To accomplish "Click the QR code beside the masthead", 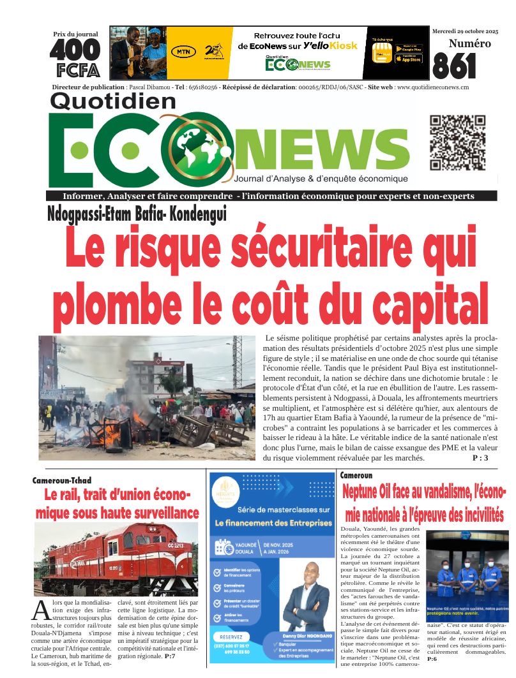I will (457, 144).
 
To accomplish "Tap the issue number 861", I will (454, 66).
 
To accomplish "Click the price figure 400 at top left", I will (75, 50).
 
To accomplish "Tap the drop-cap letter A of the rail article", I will (41, 610).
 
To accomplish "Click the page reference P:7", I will (170, 656).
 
